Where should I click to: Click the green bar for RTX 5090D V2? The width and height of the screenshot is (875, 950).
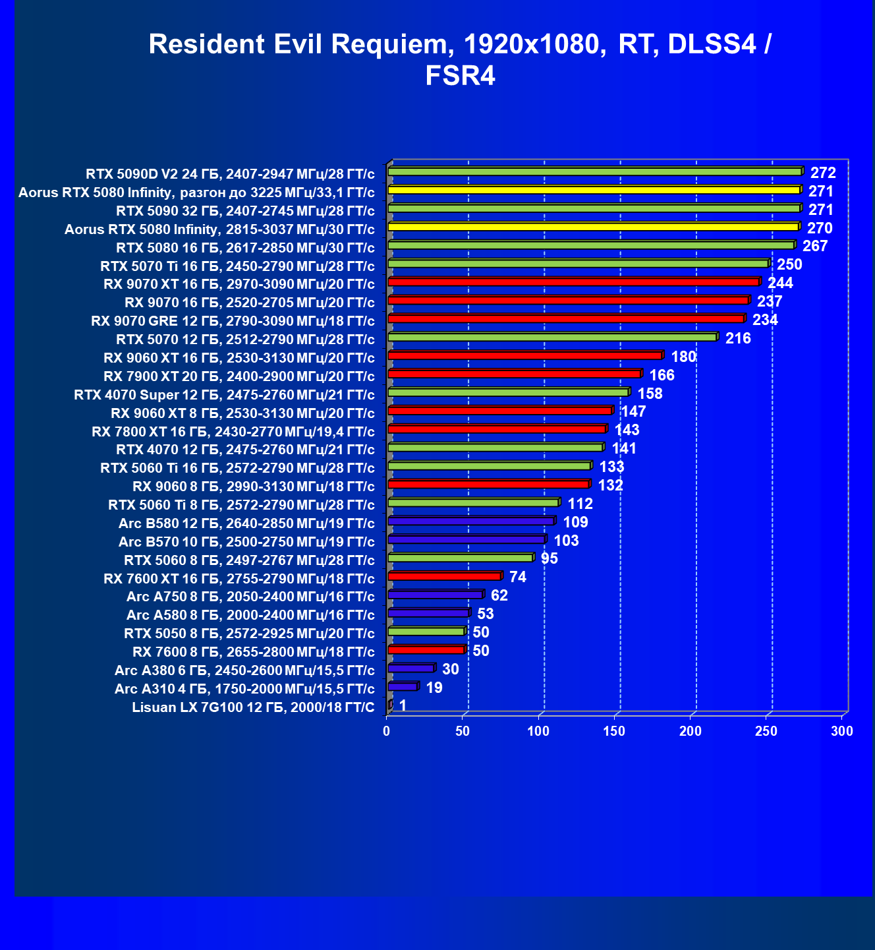click(596, 171)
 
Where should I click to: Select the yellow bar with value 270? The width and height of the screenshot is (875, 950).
click(594, 226)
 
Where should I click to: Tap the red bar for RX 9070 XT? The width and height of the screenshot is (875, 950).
click(575, 282)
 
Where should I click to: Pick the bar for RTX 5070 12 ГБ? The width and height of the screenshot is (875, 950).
click(553, 337)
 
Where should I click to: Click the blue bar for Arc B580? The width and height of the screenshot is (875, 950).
click(472, 521)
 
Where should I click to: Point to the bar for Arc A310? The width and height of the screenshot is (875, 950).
click(403, 686)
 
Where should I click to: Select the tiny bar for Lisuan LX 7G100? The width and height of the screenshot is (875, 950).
click(390, 705)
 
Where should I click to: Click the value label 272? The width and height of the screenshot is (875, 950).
click(823, 172)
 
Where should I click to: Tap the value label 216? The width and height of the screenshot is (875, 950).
click(738, 338)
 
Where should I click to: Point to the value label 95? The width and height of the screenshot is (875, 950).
click(550, 558)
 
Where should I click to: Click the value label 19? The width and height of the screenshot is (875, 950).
click(434, 687)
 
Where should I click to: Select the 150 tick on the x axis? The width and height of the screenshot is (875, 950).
click(614, 730)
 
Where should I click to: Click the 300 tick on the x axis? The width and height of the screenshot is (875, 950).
click(842, 730)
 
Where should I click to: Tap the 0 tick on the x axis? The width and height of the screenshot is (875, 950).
click(386, 730)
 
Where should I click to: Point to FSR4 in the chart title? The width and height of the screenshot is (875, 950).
click(460, 76)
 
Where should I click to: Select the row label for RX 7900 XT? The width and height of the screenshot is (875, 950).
click(239, 376)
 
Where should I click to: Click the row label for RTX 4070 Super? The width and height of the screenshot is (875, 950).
click(225, 394)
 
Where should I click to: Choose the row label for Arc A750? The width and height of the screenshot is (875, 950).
click(250, 597)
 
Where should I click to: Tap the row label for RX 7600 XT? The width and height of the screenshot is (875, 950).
click(239, 579)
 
